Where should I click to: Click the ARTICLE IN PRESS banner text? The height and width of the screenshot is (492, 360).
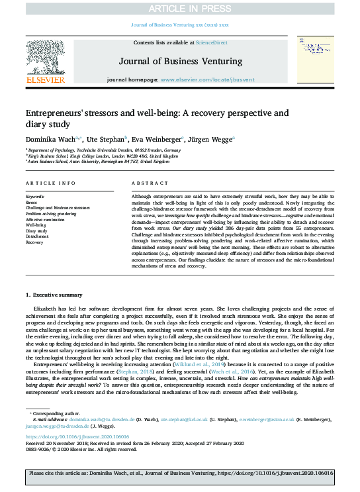pos(179,8)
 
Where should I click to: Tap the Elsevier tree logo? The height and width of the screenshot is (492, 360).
pos(46,58)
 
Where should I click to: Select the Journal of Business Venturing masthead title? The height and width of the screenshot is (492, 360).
pos(179,62)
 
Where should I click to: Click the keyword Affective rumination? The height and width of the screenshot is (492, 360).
pos(48,219)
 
